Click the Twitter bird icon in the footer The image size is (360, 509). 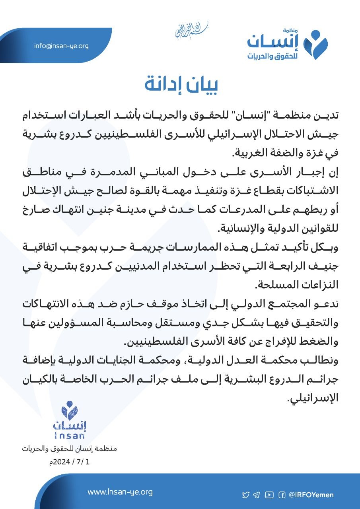tap(246, 495)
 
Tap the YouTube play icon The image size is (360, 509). tap(269, 495)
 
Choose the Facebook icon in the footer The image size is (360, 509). tap(282, 495)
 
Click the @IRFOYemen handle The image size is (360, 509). tap(311, 495)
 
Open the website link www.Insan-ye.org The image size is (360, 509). tap(120, 492)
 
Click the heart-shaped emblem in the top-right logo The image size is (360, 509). tap(315, 44)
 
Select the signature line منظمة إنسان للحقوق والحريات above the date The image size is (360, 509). tap(70, 449)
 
